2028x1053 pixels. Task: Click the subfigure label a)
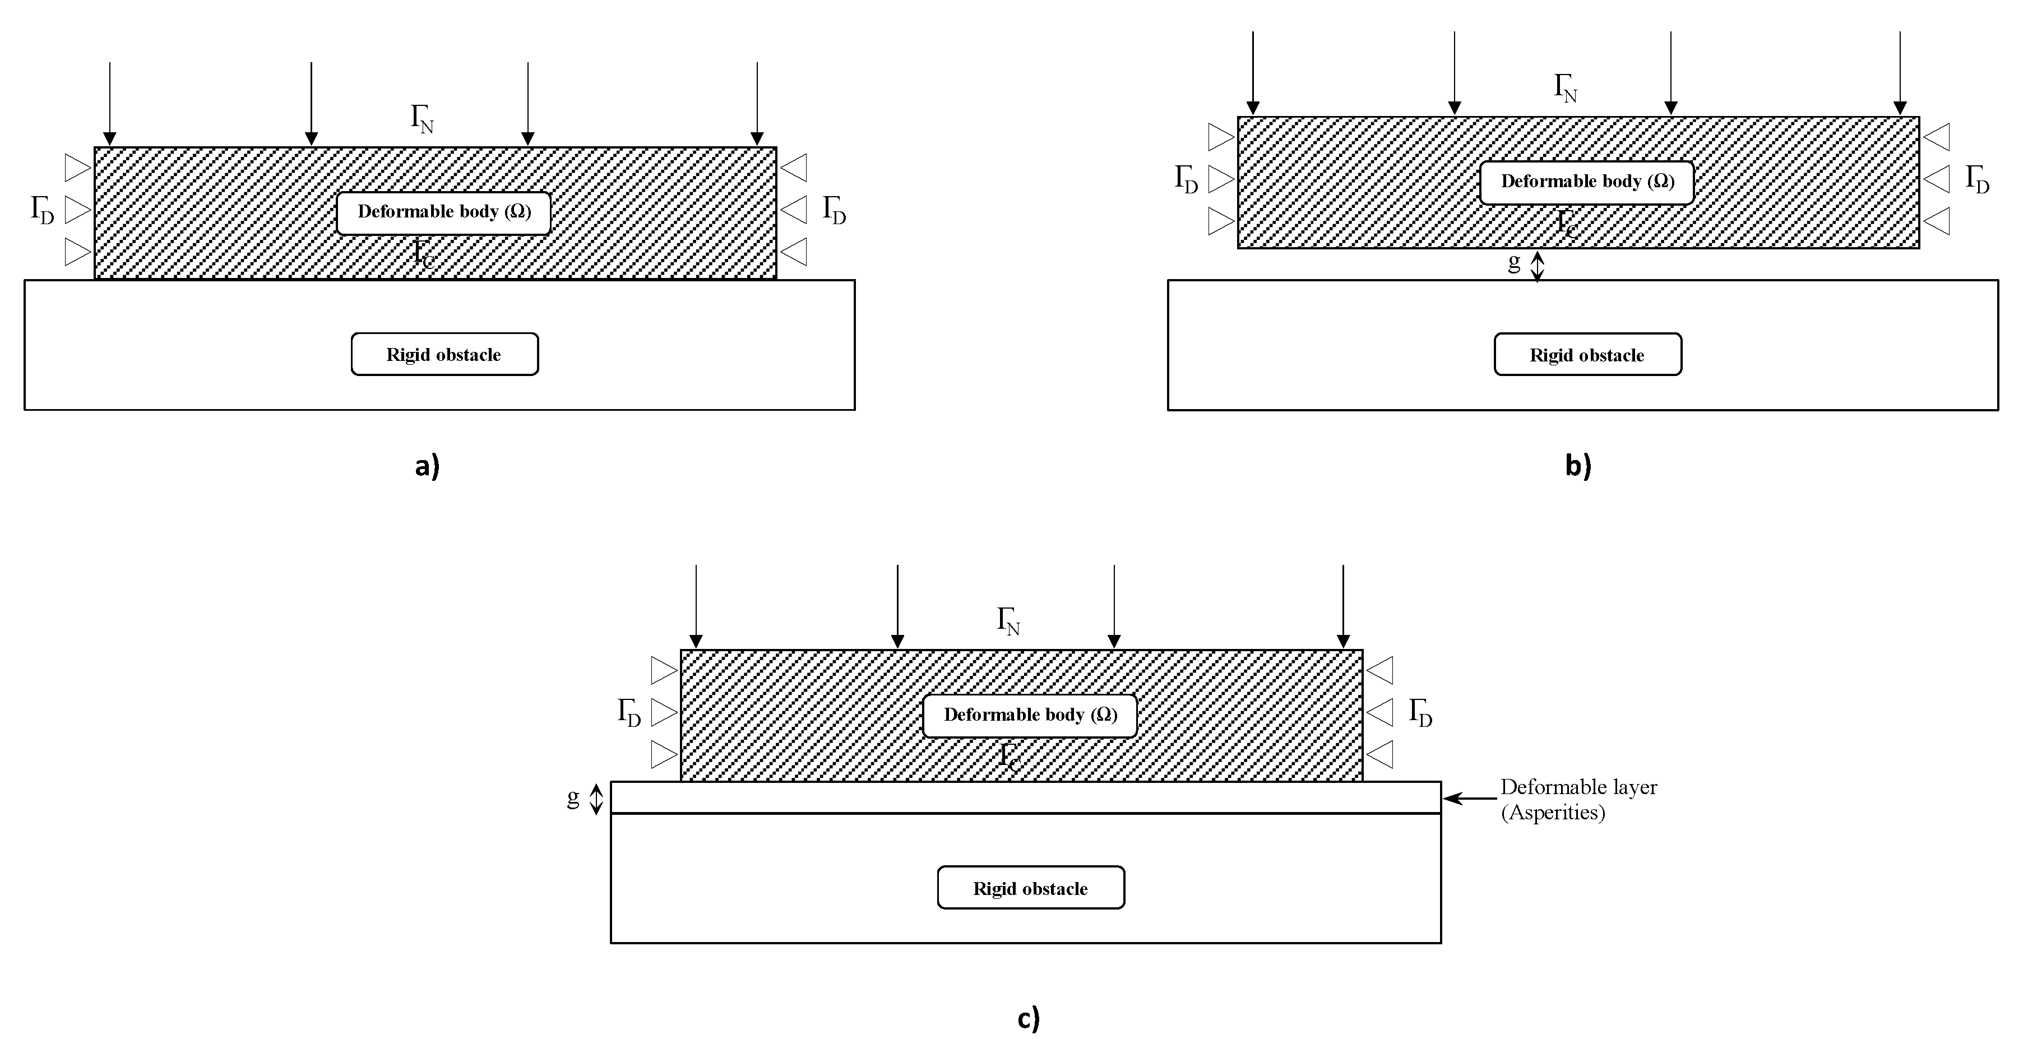click(x=427, y=466)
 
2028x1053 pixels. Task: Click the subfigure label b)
click(x=1578, y=466)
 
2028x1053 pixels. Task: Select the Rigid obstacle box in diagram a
click(x=444, y=354)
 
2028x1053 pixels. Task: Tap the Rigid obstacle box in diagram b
click(x=1587, y=355)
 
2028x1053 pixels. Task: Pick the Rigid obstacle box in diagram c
click(x=1030, y=888)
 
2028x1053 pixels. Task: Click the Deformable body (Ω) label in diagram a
click(x=444, y=212)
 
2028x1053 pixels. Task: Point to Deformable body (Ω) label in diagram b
click(x=1587, y=182)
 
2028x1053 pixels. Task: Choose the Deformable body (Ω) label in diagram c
click(x=1030, y=715)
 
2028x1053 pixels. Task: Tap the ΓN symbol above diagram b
click(x=1565, y=88)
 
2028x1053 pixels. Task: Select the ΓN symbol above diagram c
click(x=1008, y=621)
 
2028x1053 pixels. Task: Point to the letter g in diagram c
click(x=573, y=797)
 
